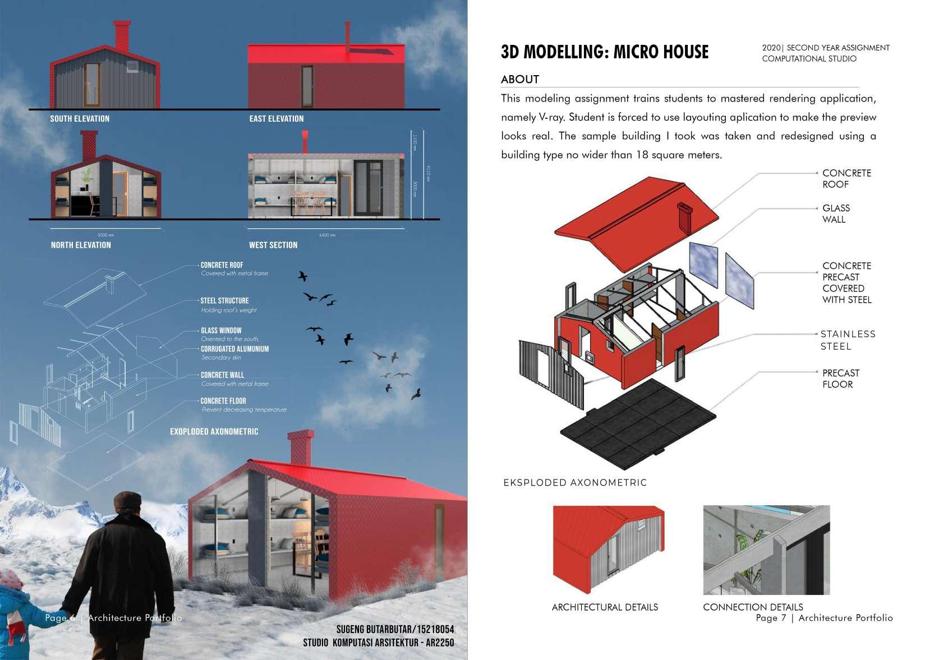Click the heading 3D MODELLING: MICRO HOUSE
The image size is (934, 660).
[604, 52]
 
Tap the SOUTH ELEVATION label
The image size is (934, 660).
[80, 119]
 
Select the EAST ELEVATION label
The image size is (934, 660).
[276, 119]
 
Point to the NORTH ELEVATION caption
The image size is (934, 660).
[81, 245]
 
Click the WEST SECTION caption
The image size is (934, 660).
[273, 245]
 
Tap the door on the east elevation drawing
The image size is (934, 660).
[307, 86]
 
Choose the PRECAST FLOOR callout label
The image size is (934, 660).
[840, 379]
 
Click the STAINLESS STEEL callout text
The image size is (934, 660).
[847, 340]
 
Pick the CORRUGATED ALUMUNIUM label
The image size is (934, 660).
[234, 349]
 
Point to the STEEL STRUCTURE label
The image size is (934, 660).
[224, 301]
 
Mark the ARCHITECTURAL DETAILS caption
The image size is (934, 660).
[605, 607]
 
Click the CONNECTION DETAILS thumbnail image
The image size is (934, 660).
[766, 550]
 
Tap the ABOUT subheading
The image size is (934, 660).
[520, 80]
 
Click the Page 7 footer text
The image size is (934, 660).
[823, 618]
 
